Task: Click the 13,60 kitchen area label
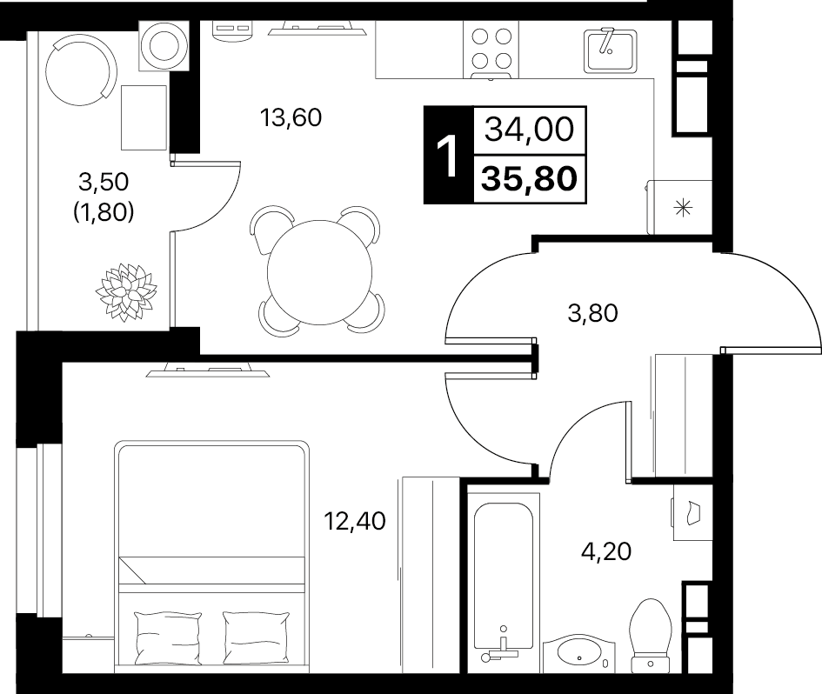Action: (x=291, y=118)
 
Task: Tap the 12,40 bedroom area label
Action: (x=355, y=521)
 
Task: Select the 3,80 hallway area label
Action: (x=593, y=313)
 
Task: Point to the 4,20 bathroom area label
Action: (x=606, y=552)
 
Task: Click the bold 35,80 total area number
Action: (x=530, y=179)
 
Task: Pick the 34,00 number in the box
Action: (x=530, y=130)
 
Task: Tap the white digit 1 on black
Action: (x=448, y=156)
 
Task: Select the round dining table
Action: (x=320, y=272)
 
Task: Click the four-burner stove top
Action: (x=491, y=50)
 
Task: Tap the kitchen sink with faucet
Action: (x=611, y=50)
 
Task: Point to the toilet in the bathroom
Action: (x=651, y=635)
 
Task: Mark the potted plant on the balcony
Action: (x=126, y=292)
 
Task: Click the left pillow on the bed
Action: (x=168, y=638)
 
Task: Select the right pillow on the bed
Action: (x=256, y=638)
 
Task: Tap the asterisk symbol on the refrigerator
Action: (x=683, y=208)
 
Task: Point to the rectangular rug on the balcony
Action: (x=144, y=118)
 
